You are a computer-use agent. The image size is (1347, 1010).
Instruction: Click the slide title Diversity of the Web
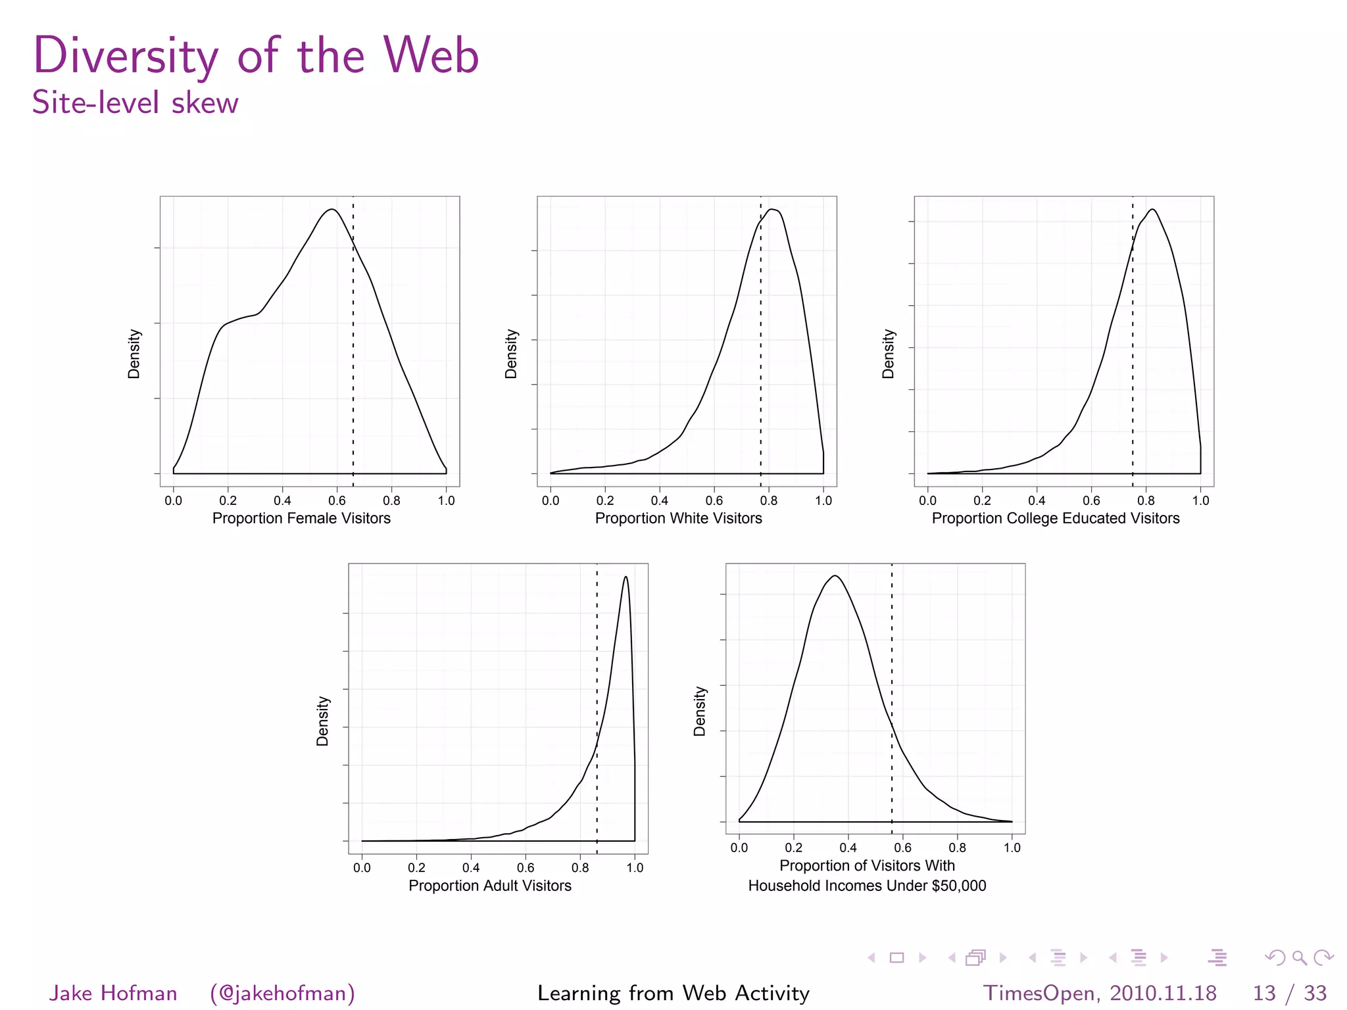[x=256, y=55]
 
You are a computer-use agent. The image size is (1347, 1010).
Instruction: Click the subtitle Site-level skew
[x=135, y=103]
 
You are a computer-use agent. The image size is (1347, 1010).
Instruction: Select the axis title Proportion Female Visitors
[x=301, y=518]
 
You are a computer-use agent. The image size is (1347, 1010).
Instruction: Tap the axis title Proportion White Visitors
[x=678, y=518]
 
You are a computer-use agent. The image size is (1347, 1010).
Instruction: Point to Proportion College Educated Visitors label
[x=1055, y=518]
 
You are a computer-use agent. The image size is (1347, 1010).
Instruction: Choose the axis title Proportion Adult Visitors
[x=489, y=886]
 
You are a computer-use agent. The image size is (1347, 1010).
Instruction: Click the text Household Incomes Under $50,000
[x=867, y=886]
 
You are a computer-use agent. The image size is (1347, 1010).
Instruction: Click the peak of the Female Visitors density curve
[x=332, y=210]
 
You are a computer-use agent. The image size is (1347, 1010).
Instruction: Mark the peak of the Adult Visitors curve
[x=625, y=577]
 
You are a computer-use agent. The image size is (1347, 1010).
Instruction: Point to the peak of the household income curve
[x=835, y=576]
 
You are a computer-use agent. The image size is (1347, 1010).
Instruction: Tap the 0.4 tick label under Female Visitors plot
[x=282, y=500]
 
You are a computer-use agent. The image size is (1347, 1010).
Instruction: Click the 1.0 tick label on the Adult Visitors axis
[x=635, y=868]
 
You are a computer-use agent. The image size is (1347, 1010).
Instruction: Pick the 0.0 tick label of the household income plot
[x=739, y=848]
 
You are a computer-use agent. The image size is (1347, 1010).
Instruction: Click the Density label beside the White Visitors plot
[x=511, y=354]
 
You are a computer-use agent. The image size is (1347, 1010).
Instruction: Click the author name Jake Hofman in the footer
[x=113, y=993]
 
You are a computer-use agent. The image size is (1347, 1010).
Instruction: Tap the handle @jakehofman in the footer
[x=282, y=993]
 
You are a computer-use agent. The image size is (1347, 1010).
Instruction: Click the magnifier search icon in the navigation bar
[x=1299, y=958]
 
